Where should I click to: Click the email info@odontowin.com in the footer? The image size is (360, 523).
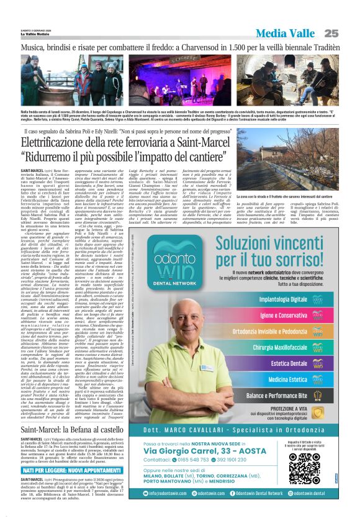click(170, 510)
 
